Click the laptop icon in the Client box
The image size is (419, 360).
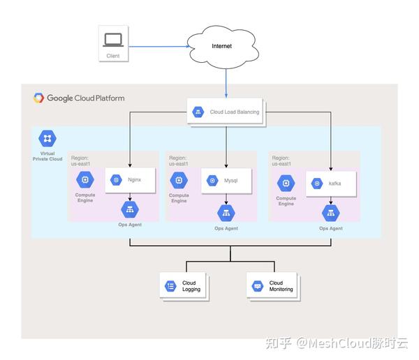tap(112, 40)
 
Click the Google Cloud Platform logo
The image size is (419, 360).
tap(39, 98)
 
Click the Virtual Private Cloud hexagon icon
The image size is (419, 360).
tap(47, 138)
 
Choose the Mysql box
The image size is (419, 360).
tap(226, 181)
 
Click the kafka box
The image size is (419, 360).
tap(331, 183)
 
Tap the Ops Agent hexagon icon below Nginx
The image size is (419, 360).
tap(129, 209)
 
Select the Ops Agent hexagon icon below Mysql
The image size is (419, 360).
tap(226, 212)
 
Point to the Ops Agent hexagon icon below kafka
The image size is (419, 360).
tap(331, 212)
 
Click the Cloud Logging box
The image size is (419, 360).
tap(184, 286)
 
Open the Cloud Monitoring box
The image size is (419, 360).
tap(273, 286)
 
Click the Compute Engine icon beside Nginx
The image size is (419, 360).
tap(85, 179)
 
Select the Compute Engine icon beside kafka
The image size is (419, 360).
tap(286, 183)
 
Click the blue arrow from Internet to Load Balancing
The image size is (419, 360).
tap(226, 83)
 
